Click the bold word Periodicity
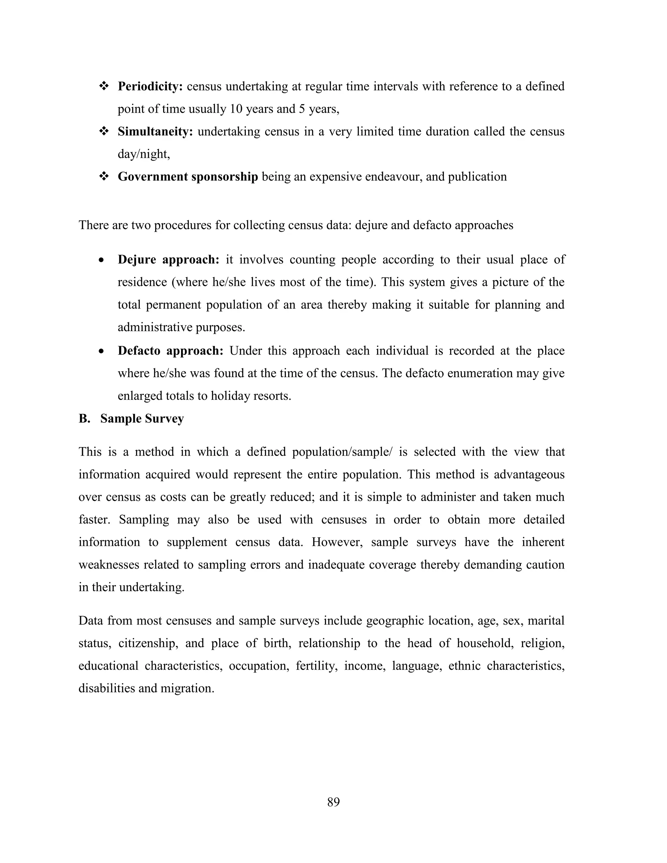coord(150,87)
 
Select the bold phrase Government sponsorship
coord(188,177)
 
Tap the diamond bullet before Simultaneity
coord(104,132)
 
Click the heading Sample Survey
coord(142,418)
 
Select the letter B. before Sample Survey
coord(84,418)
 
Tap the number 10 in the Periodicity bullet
coord(235,109)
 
